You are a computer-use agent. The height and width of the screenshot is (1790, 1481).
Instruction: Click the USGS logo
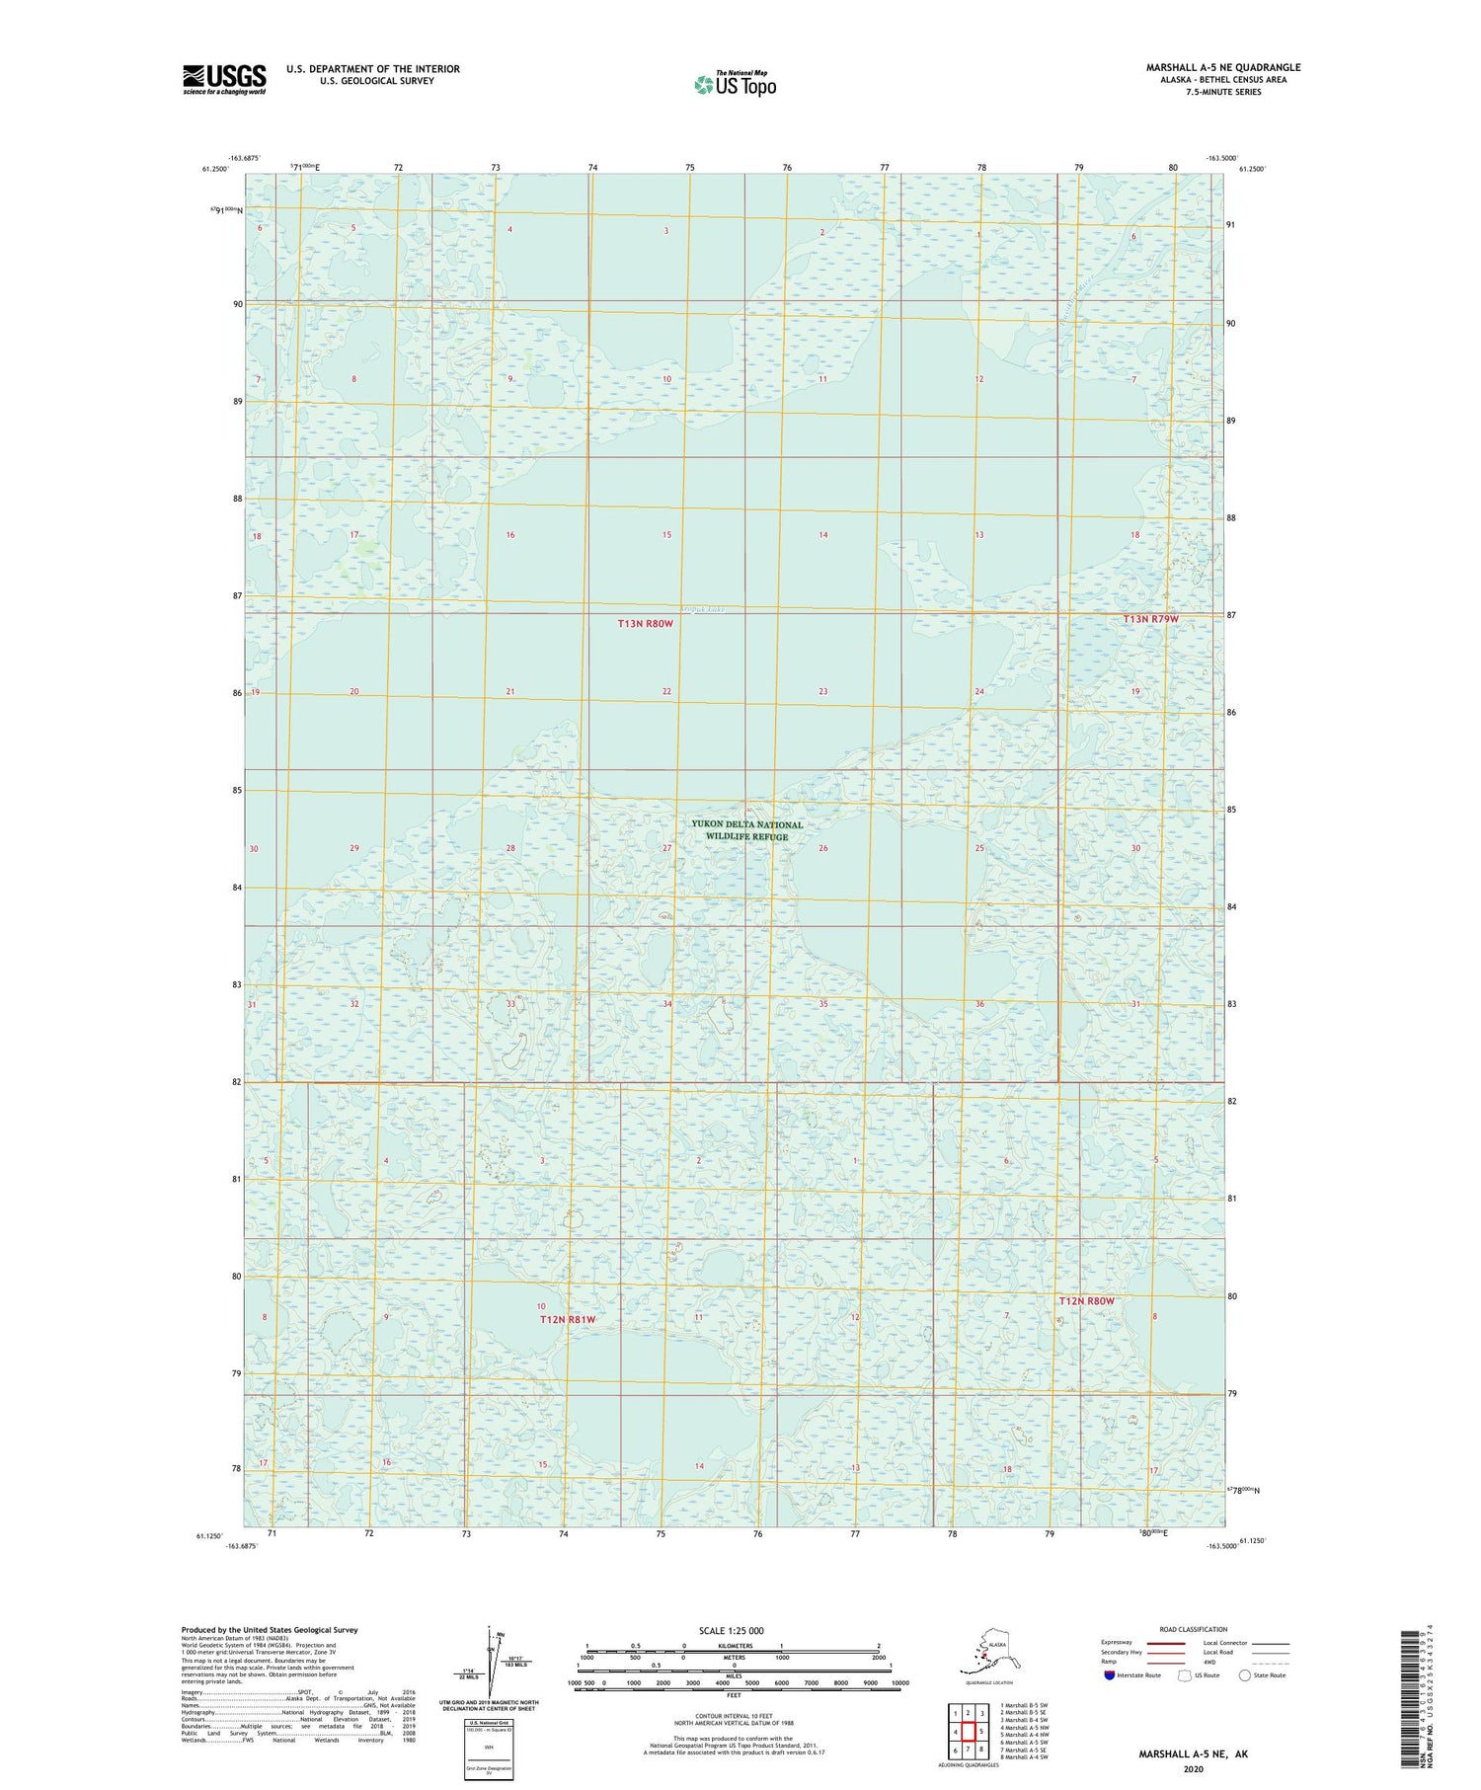[224, 79]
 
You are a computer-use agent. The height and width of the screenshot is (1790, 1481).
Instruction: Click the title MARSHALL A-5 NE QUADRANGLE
[1223, 67]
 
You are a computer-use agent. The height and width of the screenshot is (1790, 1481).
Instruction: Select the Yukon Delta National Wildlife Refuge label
[746, 830]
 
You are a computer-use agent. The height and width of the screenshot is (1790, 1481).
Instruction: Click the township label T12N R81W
[568, 1319]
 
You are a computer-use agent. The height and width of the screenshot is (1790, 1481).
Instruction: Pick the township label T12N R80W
[1086, 1301]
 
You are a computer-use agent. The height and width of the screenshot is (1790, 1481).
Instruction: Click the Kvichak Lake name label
[702, 610]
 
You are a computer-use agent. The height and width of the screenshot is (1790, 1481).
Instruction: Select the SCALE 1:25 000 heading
[731, 1630]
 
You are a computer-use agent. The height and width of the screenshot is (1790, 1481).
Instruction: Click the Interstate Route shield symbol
[1110, 1675]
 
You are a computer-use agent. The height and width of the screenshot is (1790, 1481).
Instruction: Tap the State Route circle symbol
[1245, 1675]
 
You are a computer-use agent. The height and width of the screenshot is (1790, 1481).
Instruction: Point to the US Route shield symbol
[1185, 1675]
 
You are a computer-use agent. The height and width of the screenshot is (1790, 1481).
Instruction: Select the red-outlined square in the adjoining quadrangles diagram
[970, 1731]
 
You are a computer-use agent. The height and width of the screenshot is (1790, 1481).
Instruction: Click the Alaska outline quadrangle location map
[984, 1651]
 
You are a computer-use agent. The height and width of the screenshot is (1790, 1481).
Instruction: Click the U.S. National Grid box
[489, 1751]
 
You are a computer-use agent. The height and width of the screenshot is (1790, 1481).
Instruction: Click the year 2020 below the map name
[1193, 1769]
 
